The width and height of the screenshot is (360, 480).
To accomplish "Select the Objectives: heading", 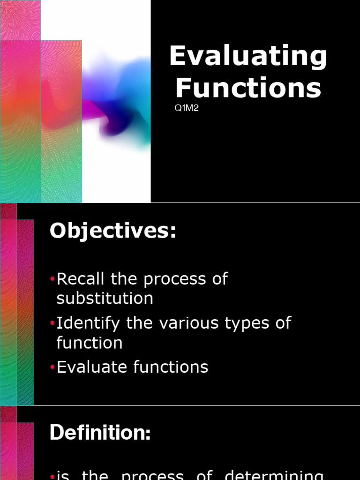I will pos(113,231).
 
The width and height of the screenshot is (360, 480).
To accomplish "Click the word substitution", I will pos(105,299).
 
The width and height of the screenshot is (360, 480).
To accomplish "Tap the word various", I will pos(186,323).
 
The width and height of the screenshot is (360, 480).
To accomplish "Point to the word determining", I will pos(274,475).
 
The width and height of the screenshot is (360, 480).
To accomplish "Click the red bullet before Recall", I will pos(52,280).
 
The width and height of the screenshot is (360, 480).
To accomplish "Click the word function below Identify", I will pos(90,343).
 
